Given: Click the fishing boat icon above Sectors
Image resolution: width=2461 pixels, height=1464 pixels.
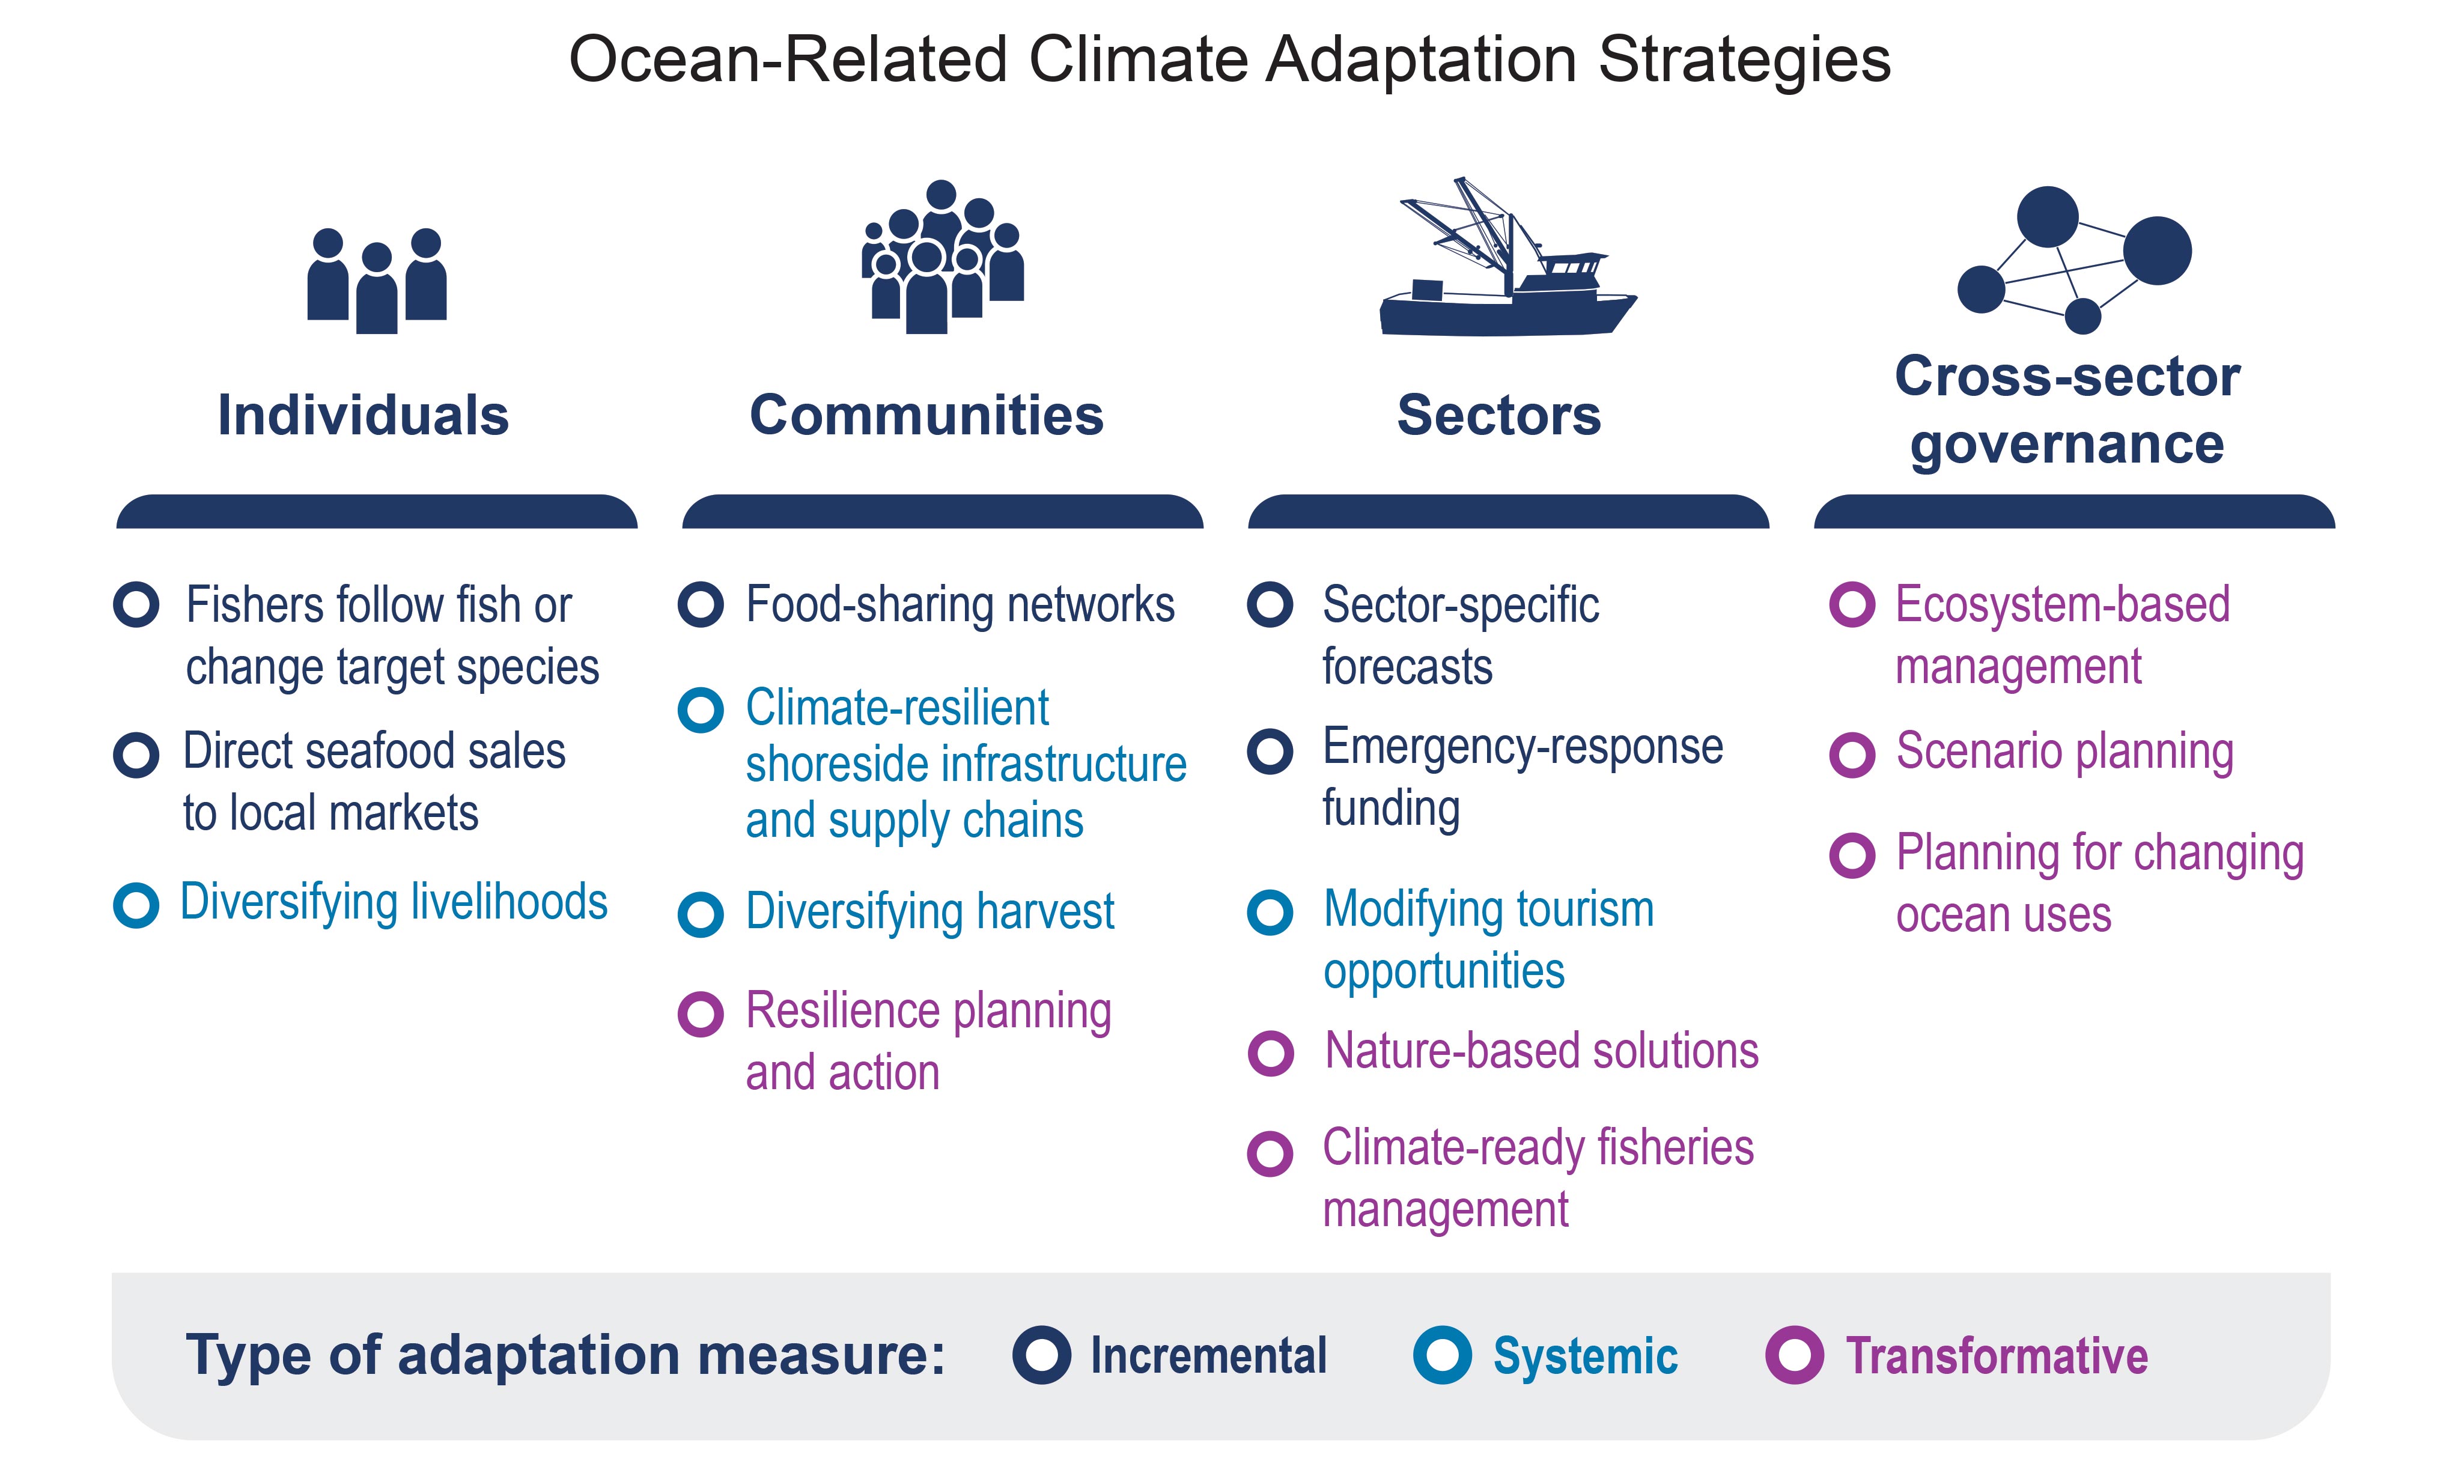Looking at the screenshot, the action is [1506, 258].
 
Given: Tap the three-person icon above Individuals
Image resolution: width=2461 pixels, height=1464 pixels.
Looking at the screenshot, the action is [377, 281].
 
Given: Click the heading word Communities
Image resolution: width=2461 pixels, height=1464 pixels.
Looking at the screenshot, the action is [926, 415].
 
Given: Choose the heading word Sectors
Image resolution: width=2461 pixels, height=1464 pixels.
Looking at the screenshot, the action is [1498, 415].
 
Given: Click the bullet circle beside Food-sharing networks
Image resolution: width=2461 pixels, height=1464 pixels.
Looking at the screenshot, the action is [701, 605].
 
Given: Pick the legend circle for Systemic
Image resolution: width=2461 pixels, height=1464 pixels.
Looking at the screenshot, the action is [1442, 1355].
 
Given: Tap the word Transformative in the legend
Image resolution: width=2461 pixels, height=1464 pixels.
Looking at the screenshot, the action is [1997, 1355].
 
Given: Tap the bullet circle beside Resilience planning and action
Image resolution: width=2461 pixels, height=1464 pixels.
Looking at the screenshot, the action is [701, 1014].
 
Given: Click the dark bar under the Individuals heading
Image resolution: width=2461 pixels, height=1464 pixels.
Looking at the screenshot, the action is [377, 511].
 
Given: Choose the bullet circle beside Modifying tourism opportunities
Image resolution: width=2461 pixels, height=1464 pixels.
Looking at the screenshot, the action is [1270, 913].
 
